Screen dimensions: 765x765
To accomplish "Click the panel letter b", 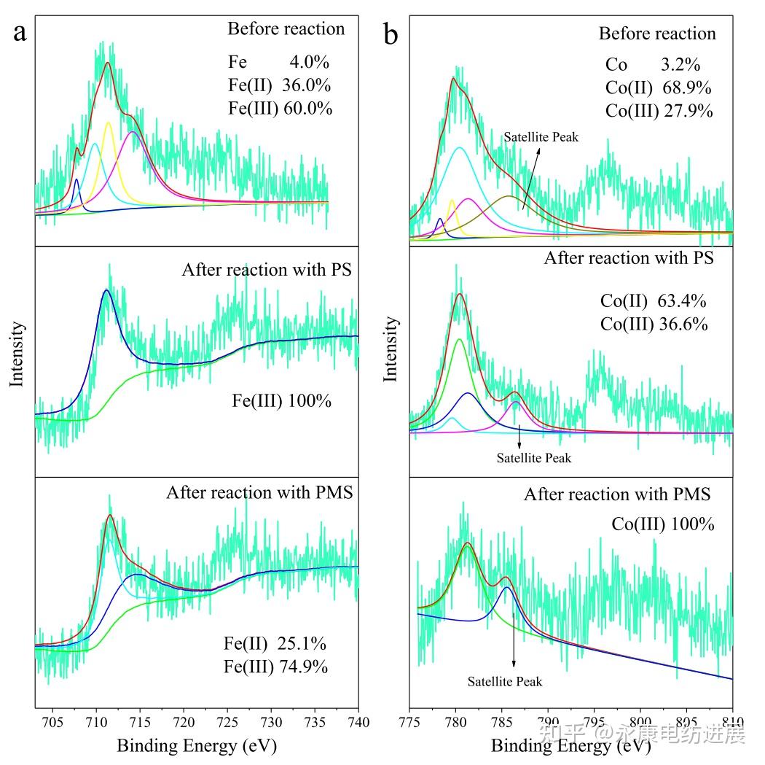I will (391, 33).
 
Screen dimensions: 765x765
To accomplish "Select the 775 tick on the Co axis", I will (410, 722).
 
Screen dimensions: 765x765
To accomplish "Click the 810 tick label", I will (732, 722).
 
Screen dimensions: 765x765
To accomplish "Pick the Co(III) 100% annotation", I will (662, 524).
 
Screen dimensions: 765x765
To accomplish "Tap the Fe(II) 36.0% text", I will (279, 85).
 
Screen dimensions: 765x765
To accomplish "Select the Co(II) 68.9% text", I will (658, 88).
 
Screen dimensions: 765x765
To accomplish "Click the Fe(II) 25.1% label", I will (275, 644).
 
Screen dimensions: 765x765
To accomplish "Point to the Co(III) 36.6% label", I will (654, 324).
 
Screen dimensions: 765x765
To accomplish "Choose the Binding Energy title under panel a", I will (197, 745).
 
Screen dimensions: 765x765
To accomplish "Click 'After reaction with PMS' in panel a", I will (259, 492).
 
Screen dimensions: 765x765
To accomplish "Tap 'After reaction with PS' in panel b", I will (629, 258).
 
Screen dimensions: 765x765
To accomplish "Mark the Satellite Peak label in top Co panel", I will (541, 136).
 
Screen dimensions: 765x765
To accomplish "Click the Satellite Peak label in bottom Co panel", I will (505, 682).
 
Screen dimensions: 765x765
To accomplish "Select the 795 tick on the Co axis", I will (595, 722).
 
